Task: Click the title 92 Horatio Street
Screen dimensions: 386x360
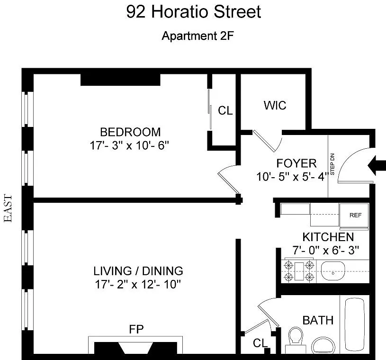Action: [194, 12]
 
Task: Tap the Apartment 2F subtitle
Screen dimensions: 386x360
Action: [197, 36]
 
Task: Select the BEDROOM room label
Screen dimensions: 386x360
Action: [130, 132]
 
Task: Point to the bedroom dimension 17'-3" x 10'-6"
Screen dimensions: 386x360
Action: [129, 145]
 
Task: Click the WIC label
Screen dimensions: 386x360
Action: [275, 105]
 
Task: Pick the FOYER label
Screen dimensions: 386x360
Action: [296, 163]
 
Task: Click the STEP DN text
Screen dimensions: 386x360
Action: [332, 164]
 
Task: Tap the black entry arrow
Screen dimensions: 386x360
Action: [377, 165]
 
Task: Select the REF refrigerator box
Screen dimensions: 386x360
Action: [354, 216]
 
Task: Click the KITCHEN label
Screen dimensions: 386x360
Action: [328, 237]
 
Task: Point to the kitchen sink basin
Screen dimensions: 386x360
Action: [333, 271]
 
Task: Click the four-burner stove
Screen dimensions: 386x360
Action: [299, 270]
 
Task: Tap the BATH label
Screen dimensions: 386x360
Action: [318, 320]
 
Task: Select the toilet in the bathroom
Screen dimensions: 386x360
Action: [296, 339]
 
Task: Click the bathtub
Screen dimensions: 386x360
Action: [354, 324]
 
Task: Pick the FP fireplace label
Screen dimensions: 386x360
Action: [136, 329]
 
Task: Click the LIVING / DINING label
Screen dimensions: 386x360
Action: [138, 271]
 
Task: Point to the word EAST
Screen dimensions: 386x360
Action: [8, 208]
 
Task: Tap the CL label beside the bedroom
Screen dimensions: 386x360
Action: [225, 110]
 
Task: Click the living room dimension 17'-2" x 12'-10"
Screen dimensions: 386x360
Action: [138, 285]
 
